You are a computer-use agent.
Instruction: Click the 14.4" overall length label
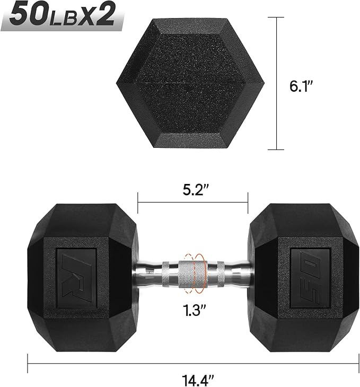point(193,380)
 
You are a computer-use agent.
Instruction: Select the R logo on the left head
point(76,265)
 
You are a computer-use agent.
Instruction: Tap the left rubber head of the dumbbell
point(82,265)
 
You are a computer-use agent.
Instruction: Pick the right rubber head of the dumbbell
point(303,265)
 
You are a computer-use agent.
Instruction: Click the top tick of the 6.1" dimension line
point(276,18)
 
